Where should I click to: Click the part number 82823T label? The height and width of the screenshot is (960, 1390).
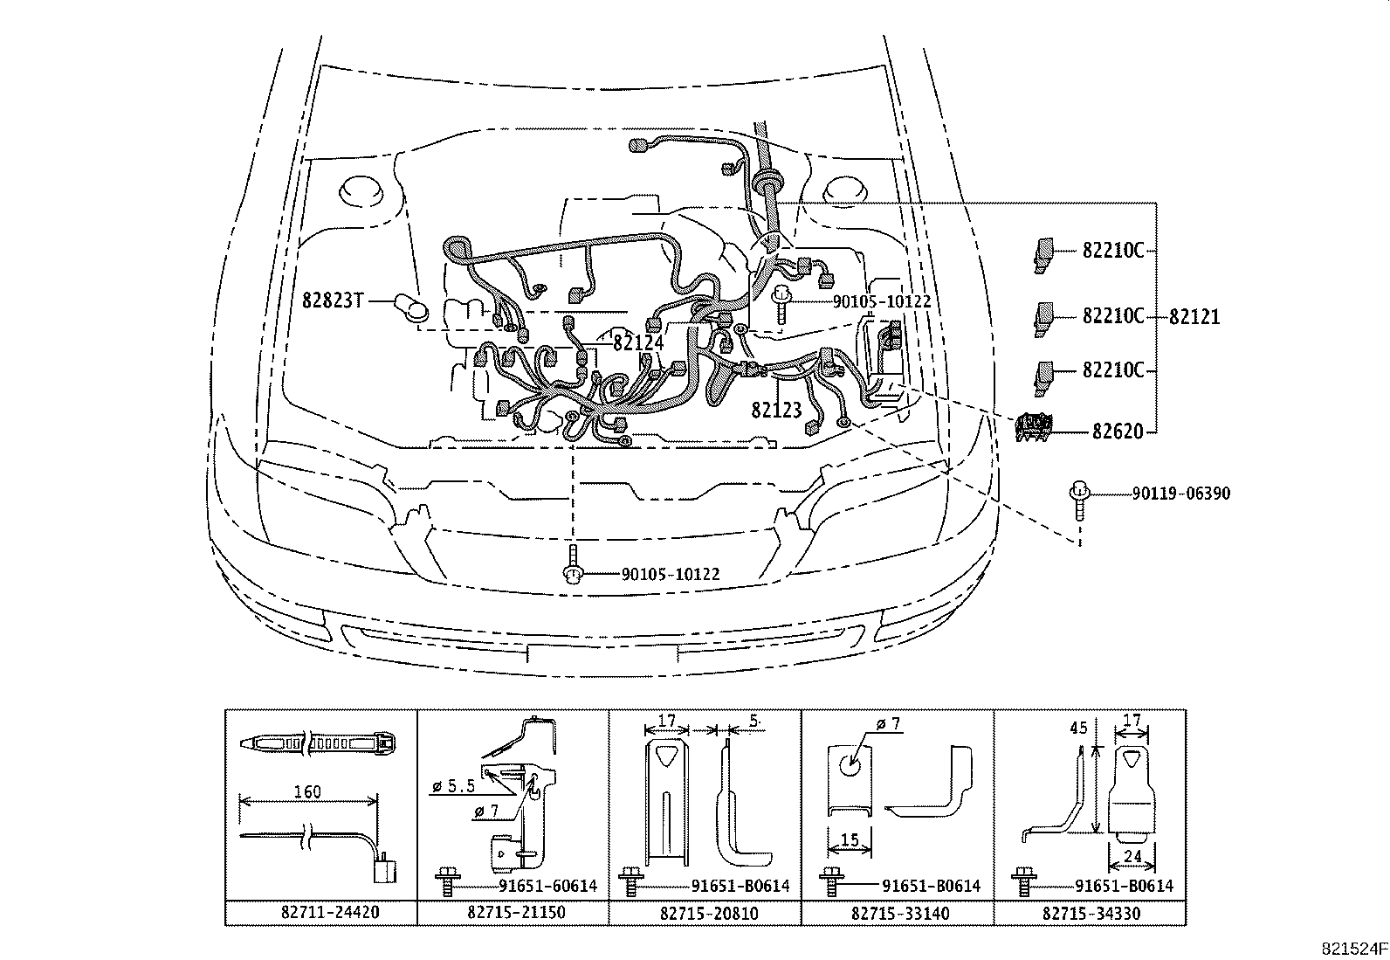(332, 300)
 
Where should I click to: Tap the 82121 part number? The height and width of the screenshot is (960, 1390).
(1194, 317)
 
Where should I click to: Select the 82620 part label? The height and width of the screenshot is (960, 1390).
(1117, 432)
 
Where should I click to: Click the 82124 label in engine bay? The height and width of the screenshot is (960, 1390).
(637, 342)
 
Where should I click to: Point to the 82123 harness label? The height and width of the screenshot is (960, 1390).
(776, 410)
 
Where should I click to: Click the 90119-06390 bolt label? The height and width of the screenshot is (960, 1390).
(1181, 494)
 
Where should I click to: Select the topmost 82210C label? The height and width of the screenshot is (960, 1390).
(1112, 251)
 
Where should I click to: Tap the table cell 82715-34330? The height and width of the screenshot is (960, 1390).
(1090, 914)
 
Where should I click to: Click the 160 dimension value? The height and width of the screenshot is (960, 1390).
(306, 792)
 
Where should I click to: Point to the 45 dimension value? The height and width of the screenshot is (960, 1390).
(1078, 728)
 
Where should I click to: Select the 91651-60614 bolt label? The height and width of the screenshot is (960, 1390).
(547, 886)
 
